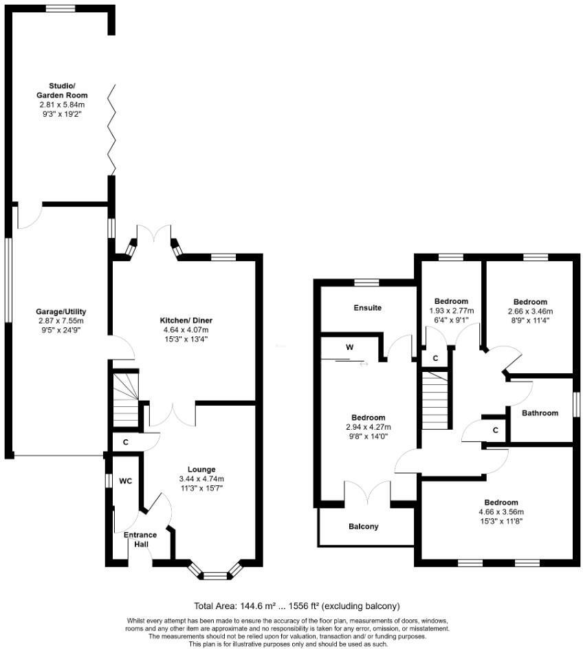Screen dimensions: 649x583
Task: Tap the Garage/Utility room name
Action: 61,311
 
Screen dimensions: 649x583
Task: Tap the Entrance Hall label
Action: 140,539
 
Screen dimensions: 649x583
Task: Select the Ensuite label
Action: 368,307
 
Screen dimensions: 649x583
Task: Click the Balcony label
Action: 364,527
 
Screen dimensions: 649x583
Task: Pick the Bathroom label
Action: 540,413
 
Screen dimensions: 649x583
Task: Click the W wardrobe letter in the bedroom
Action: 350,347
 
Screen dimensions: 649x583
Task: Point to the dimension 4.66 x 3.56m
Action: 500,511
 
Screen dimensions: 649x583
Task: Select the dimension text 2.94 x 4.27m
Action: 368,427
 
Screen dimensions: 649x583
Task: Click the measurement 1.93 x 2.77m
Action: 451,310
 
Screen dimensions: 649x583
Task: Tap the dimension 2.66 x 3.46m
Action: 530,311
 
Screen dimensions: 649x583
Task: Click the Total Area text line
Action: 296,606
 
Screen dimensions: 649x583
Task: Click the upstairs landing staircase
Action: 436,399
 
